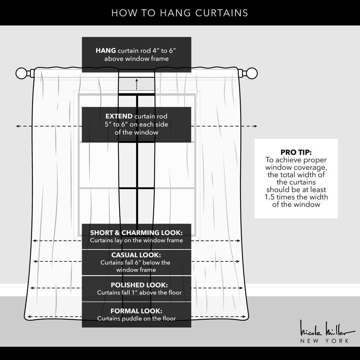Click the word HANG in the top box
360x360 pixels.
tap(105, 50)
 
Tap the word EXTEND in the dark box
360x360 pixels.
tap(119, 116)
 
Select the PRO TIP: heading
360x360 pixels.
tap(296, 152)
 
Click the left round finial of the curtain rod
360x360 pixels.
tap(21, 73)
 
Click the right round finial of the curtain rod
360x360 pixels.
tap(252, 73)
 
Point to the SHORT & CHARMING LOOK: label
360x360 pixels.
tap(136, 233)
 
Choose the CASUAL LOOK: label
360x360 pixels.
tap(136, 255)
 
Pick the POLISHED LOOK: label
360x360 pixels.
tap(139, 285)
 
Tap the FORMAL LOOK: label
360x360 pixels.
tap(136, 311)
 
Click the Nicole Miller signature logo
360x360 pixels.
tap(327, 329)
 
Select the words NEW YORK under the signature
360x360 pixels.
tap(325, 341)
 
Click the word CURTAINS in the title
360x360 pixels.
tap(221, 13)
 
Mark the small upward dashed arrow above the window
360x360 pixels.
tap(136, 85)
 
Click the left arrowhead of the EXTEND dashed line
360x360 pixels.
tap(17, 126)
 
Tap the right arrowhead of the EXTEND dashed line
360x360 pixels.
tap(256, 126)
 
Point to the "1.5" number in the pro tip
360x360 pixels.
tap(270, 197)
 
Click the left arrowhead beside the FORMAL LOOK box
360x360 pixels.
tap(29, 317)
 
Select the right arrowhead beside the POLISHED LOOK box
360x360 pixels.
tap(241, 288)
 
